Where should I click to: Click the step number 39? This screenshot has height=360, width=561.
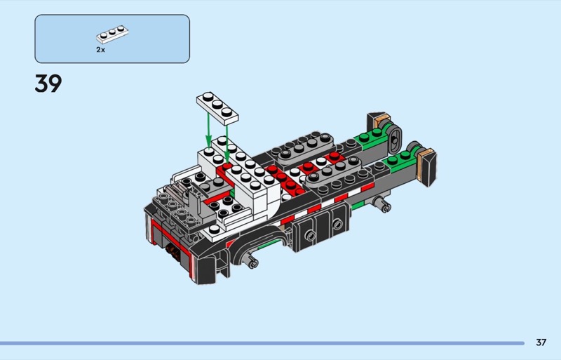point(48,84)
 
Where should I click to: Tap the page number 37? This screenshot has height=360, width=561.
point(541,342)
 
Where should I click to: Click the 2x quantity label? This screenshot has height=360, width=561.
point(100,50)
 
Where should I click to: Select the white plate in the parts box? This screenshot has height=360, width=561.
point(112,34)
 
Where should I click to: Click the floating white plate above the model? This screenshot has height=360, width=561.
point(217,108)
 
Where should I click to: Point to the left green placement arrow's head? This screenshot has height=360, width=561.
point(208,142)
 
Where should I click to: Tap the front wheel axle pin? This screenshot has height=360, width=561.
point(250,262)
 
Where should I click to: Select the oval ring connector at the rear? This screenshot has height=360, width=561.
point(395,139)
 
